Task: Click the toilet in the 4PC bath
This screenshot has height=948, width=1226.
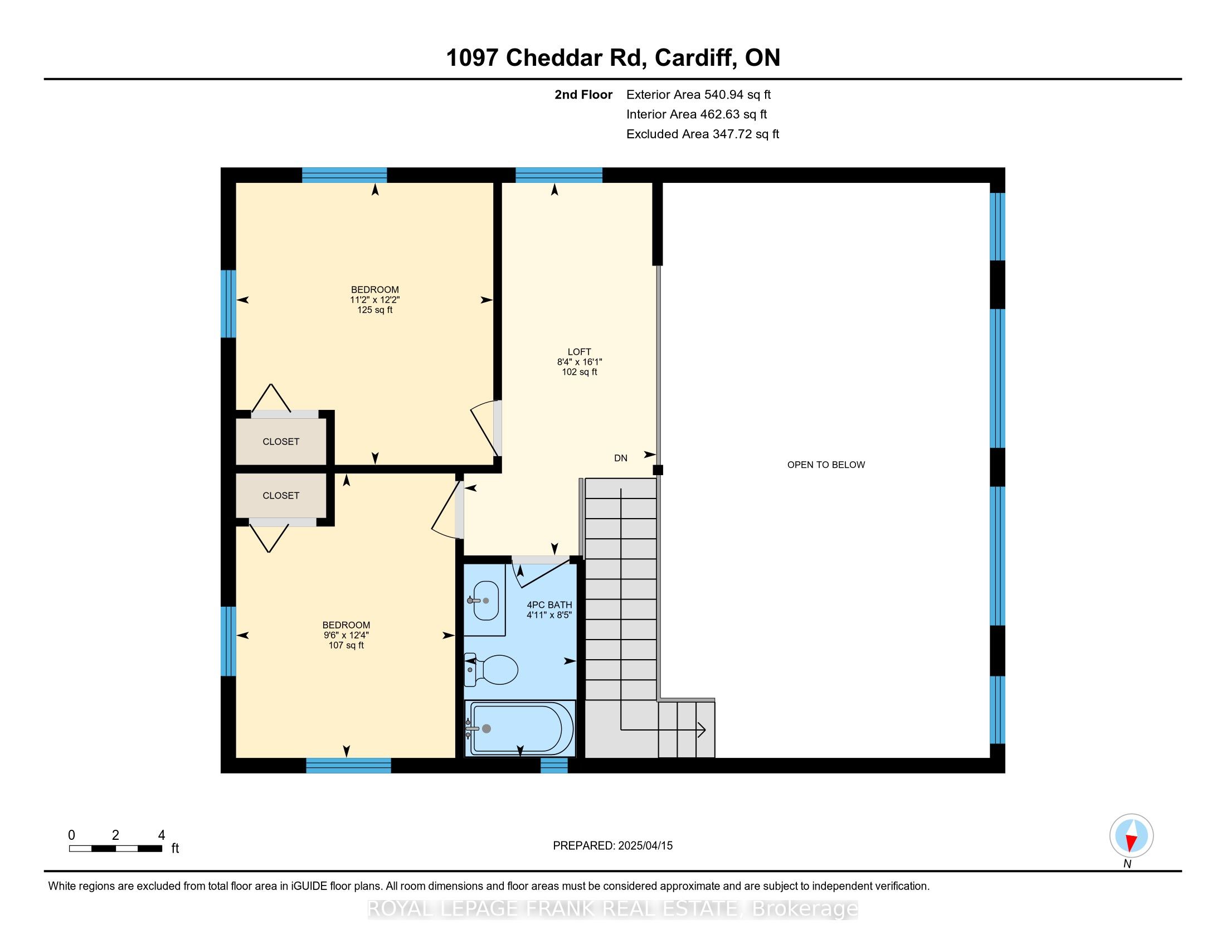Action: [490, 669]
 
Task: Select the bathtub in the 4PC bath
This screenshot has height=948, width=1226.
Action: [520, 729]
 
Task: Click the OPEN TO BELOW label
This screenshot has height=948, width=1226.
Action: [826, 465]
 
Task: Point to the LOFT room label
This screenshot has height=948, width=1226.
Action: [580, 352]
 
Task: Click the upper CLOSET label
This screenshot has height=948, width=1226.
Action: [281, 442]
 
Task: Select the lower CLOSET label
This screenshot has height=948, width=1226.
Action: [281, 495]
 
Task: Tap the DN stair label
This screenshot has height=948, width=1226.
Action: [620, 458]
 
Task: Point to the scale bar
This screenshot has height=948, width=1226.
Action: [116, 848]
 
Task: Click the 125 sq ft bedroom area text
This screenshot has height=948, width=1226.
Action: [374, 309]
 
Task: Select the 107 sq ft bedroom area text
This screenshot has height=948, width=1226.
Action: [346, 645]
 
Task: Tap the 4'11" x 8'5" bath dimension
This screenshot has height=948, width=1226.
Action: [548, 615]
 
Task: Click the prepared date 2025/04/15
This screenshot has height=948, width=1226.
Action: [644, 845]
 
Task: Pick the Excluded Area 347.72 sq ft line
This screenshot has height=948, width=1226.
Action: [703, 134]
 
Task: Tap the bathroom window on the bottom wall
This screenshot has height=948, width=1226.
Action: [554, 765]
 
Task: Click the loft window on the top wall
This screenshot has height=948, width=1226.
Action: [559, 175]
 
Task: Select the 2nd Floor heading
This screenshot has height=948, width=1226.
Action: [583, 94]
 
